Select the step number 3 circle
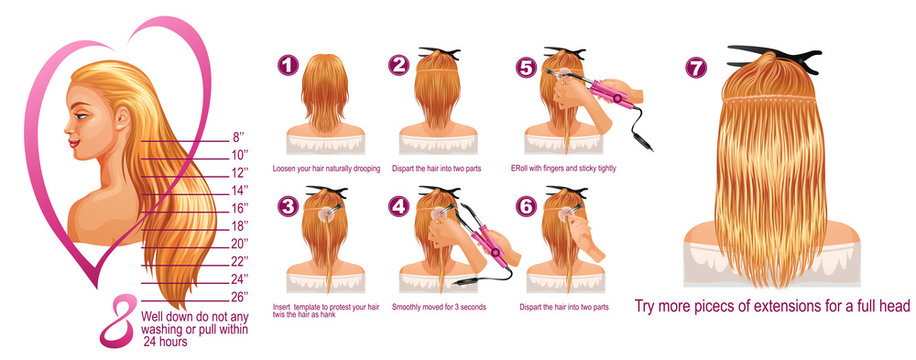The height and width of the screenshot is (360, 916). click(x=287, y=207)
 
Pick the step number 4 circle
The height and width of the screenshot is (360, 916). click(x=399, y=207)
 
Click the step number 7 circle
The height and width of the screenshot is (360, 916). click(x=697, y=67)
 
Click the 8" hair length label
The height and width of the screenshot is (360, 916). click(x=241, y=137)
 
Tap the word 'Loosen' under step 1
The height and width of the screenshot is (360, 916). click(x=285, y=168)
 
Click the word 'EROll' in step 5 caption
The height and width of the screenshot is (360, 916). click(x=520, y=168)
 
